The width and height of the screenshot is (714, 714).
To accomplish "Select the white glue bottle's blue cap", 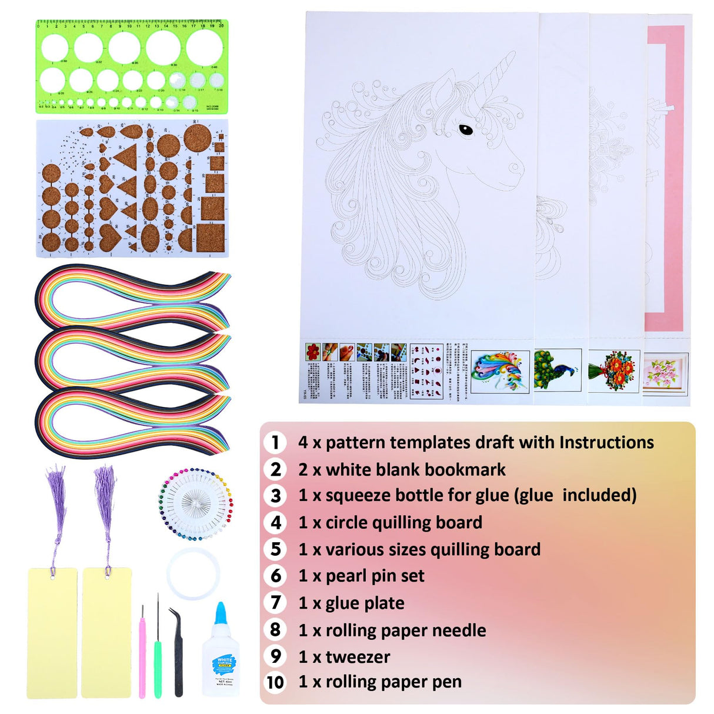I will point(221,615).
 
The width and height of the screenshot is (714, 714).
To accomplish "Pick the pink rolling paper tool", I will point(142,653).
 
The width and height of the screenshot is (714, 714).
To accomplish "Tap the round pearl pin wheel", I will point(196,504).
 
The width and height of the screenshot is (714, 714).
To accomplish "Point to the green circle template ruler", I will point(131,66).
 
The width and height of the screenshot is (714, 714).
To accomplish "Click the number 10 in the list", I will point(275,682).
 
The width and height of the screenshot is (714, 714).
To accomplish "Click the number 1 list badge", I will point(275,442).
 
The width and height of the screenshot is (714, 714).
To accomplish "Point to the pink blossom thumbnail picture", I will point(666,372).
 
